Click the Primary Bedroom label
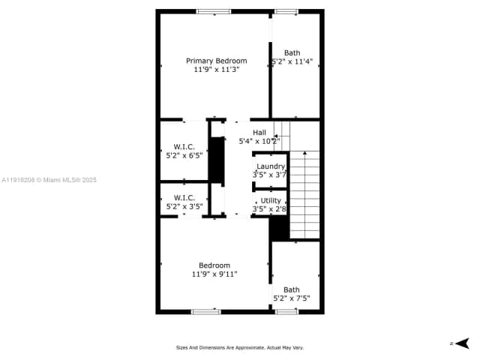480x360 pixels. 216,61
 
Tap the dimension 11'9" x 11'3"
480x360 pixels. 216,69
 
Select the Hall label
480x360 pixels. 259,133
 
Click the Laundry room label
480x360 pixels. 271,166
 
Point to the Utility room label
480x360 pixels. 271,200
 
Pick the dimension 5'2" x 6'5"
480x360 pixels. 184,156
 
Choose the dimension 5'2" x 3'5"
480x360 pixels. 184,206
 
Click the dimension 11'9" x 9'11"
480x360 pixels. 214,274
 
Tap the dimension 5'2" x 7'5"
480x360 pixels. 292,298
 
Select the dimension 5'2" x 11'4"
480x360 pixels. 292,61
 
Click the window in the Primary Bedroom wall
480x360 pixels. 214,11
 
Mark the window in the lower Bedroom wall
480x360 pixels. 205,311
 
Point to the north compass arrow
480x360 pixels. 462,343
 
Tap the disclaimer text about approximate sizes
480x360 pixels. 240,347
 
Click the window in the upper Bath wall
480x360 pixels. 285,11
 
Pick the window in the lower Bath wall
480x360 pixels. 286,311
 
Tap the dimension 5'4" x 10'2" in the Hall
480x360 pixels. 259,141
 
